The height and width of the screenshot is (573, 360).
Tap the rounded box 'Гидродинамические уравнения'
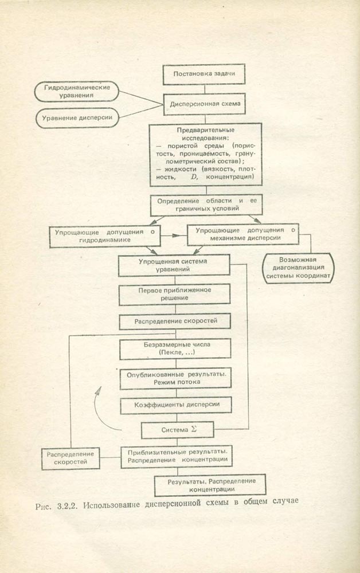pos(76,92)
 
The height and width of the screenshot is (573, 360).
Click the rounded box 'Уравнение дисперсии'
pos(76,118)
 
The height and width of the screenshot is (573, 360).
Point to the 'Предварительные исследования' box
pos(206,155)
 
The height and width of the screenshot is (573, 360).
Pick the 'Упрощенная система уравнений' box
pos(174,265)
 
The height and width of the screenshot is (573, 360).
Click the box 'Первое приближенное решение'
pos(174,294)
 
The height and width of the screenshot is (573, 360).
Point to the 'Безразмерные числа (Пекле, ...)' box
pos(174,349)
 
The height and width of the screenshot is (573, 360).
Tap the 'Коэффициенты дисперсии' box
pos(174,405)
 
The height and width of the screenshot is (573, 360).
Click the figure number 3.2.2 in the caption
pos(68,505)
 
